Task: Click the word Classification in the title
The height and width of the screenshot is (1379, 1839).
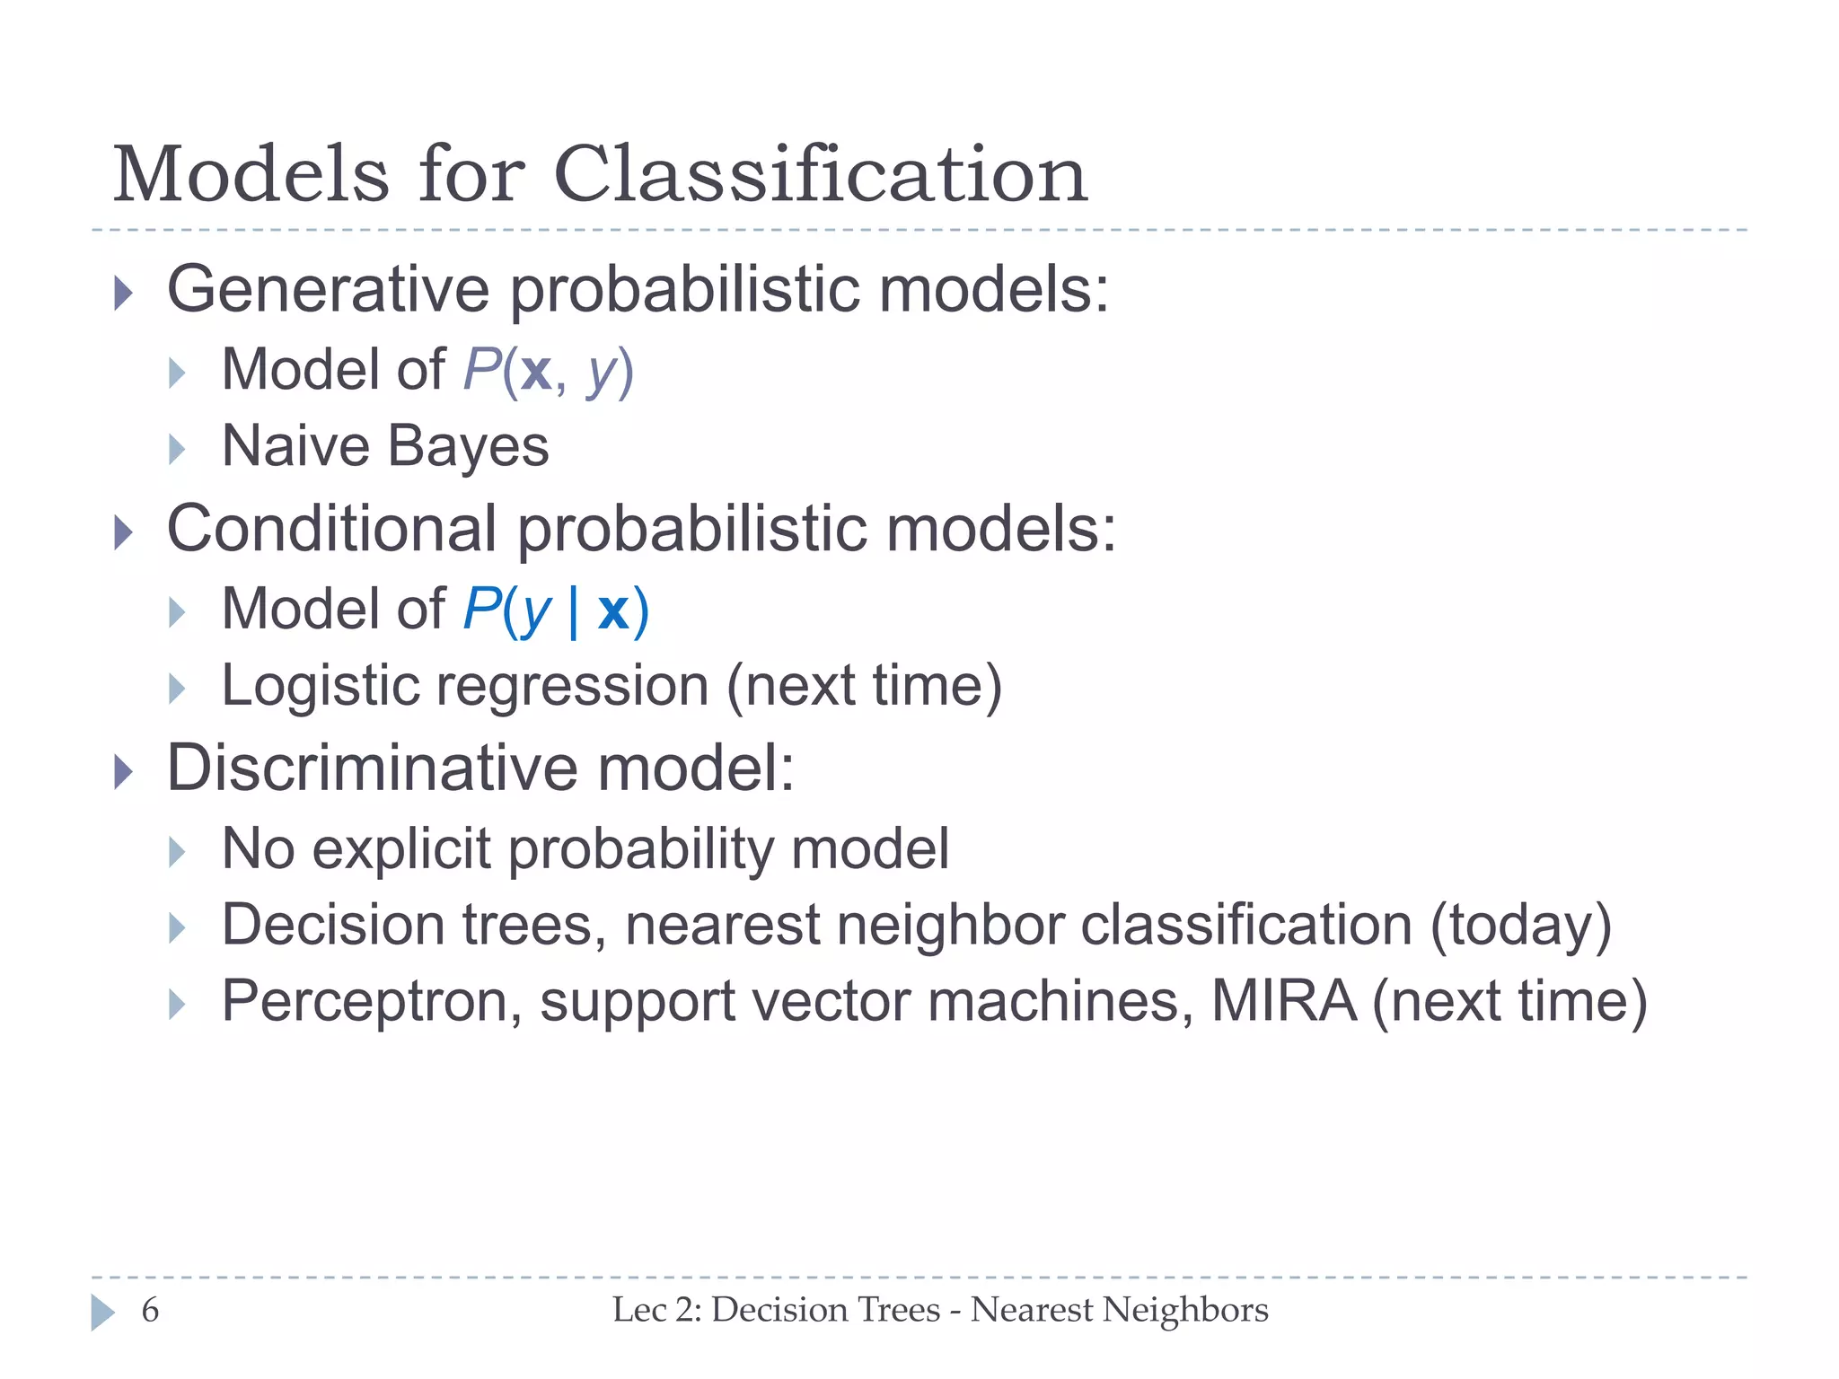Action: tap(820, 175)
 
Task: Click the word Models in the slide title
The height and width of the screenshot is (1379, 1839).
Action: tap(251, 175)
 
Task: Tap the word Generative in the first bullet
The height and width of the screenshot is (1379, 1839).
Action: tap(328, 290)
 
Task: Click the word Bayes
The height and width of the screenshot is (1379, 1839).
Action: tap(468, 446)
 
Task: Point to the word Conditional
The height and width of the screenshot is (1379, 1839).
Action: tap(331, 529)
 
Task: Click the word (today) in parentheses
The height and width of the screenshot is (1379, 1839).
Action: tap(1520, 926)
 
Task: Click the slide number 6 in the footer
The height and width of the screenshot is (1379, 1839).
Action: tap(150, 1311)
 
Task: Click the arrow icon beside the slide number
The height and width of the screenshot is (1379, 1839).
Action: tap(102, 1313)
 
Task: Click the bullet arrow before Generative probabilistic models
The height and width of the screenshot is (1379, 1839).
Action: tap(124, 294)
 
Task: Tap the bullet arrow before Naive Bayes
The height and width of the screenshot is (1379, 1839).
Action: tap(177, 449)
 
